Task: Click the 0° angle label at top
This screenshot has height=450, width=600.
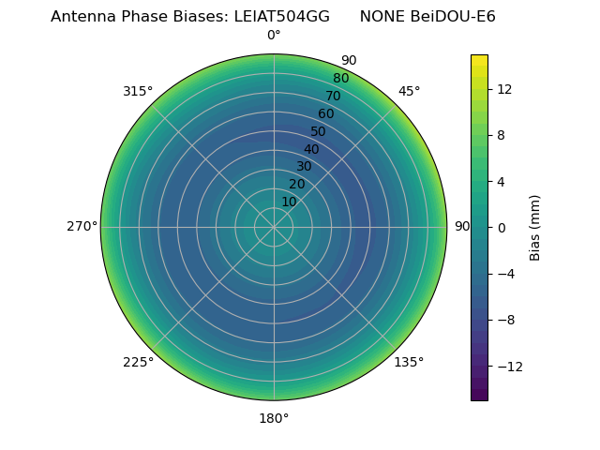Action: click(x=274, y=36)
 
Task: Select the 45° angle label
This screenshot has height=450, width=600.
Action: click(x=409, y=92)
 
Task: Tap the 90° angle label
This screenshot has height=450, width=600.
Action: click(x=462, y=227)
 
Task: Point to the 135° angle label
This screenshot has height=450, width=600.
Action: click(x=409, y=362)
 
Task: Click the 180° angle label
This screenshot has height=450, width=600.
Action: click(x=274, y=418)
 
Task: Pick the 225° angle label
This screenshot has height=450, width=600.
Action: click(x=138, y=362)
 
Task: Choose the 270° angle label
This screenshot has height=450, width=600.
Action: click(x=82, y=227)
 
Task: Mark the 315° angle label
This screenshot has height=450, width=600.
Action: click(x=138, y=92)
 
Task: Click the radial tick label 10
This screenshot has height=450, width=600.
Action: click(x=290, y=202)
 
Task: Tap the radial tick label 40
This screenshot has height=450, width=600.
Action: click(x=311, y=149)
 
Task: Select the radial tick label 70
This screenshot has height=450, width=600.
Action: click(x=333, y=96)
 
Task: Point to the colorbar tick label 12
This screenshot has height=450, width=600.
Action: click(x=504, y=89)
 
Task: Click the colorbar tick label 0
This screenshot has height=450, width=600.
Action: click(x=502, y=228)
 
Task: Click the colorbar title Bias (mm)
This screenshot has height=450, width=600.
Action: click(x=535, y=228)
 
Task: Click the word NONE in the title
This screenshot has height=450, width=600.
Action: click(x=382, y=17)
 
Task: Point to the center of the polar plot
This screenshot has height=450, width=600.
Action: click(x=274, y=227)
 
